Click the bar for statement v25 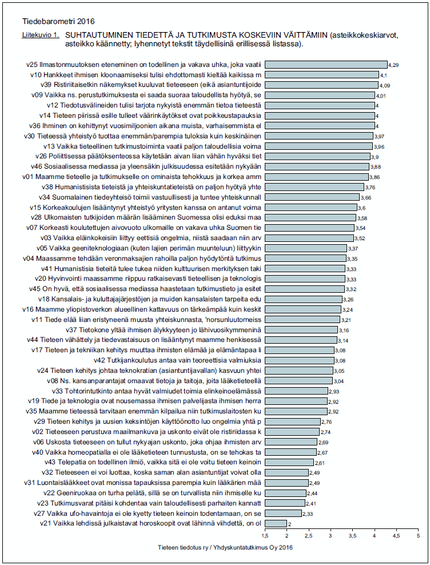[x=326, y=65]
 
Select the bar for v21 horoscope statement [x=276, y=523]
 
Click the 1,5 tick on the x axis [x=265, y=536]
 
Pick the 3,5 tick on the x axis [x=353, y=536]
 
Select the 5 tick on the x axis [x=419, y=536]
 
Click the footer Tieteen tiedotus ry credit [x=225, y=547]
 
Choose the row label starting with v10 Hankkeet [x=146, y=75]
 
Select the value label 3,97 [x=380, y=136]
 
